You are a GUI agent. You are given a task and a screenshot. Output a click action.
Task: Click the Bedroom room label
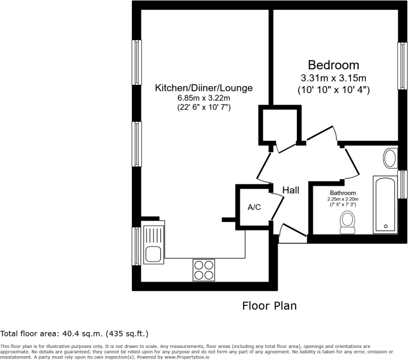334,65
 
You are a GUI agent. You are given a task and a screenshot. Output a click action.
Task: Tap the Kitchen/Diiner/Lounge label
204,88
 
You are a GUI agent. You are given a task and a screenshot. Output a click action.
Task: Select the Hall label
291,190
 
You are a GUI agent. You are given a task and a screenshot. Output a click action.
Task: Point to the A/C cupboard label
254,207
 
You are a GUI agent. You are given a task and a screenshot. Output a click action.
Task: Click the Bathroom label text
343,193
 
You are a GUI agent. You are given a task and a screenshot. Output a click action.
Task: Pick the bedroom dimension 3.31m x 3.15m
334,78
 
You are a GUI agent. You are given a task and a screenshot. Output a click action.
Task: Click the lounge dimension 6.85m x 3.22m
204,98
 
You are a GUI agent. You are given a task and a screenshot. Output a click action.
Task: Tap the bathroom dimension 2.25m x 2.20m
343,199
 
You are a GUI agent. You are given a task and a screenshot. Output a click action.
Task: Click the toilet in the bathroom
348,222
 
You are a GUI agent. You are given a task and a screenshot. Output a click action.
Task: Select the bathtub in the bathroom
386,204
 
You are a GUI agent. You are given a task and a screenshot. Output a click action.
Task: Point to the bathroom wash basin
390,158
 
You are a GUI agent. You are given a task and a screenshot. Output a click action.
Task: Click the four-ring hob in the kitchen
204,270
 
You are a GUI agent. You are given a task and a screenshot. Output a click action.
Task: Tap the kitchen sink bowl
153,254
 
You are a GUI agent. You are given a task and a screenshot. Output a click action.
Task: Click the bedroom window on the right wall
403,66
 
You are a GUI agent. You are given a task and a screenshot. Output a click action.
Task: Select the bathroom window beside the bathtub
403,185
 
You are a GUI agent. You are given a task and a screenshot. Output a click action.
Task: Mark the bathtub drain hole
386,226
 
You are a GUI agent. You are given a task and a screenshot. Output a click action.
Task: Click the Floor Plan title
269,306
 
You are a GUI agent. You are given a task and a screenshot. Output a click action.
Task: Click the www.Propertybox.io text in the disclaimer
187,357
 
